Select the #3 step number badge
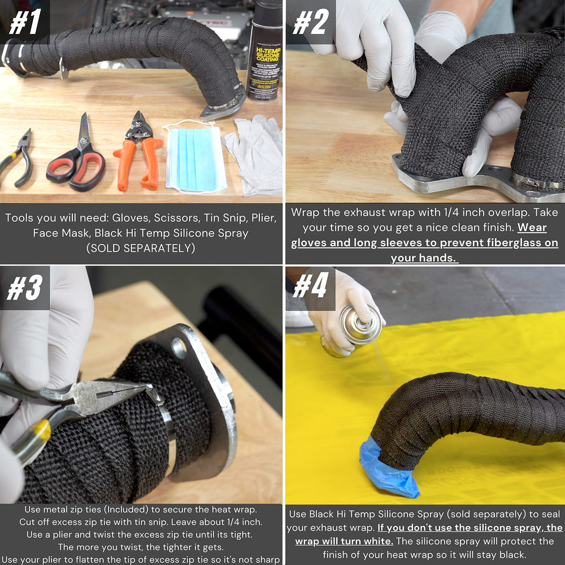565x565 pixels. tap(24, 288)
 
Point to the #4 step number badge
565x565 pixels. tap(311, 288)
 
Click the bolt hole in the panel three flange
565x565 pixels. tap(179, 347)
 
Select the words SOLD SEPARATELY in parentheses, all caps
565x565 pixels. tap(141, 248)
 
